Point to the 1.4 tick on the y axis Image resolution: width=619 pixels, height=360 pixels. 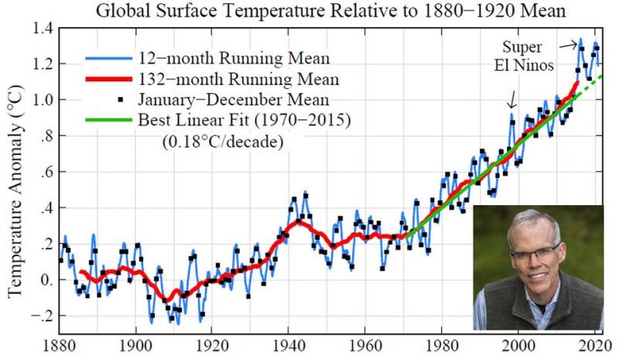[44, 28]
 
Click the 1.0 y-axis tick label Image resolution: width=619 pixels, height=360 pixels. [44, 99]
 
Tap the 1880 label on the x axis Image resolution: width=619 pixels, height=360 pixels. [61, 345]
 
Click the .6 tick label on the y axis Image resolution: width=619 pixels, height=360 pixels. [46, 172]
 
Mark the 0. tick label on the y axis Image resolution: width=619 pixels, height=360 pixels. [46, 279]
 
